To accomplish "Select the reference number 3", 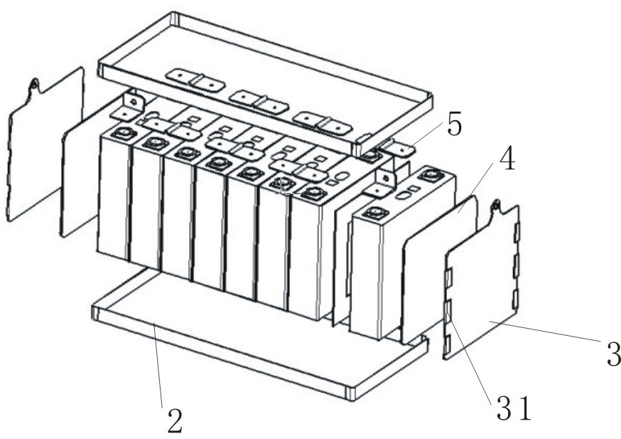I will point(612,354).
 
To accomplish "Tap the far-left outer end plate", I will point(43,149).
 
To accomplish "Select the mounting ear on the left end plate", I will point(33,85).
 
